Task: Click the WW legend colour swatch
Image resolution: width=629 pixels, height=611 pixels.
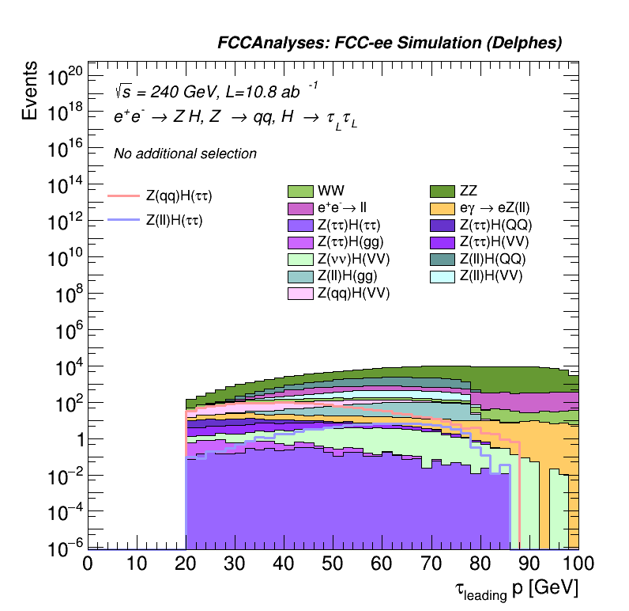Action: (x=301, y=191)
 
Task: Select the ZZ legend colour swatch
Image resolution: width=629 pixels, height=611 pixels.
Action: (x=443, y=191)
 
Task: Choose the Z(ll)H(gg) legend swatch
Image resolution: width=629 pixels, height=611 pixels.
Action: (x=301, y=276)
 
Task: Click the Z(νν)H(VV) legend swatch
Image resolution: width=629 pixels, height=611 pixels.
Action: (x=301, y=260)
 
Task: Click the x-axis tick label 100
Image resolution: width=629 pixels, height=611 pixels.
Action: (x=578, y=564)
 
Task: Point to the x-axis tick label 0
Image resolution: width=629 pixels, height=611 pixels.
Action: (x=89, y=564)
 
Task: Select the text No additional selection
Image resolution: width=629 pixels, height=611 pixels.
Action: (x=185, y=154)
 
